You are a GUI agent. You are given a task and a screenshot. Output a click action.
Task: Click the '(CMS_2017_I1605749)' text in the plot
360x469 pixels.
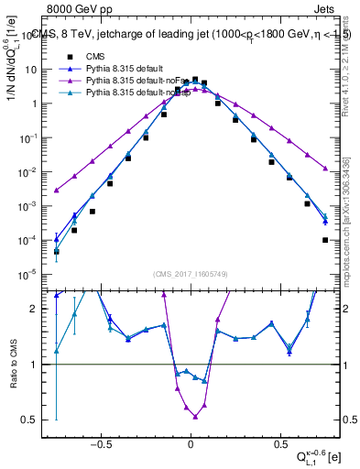[191, 274]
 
